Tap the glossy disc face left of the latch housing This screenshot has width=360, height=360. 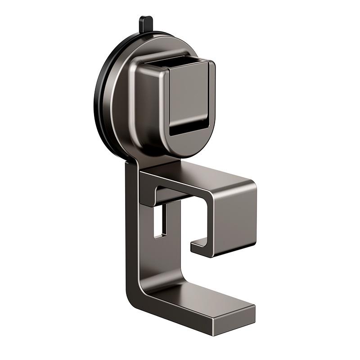click(x=121, y=103)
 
